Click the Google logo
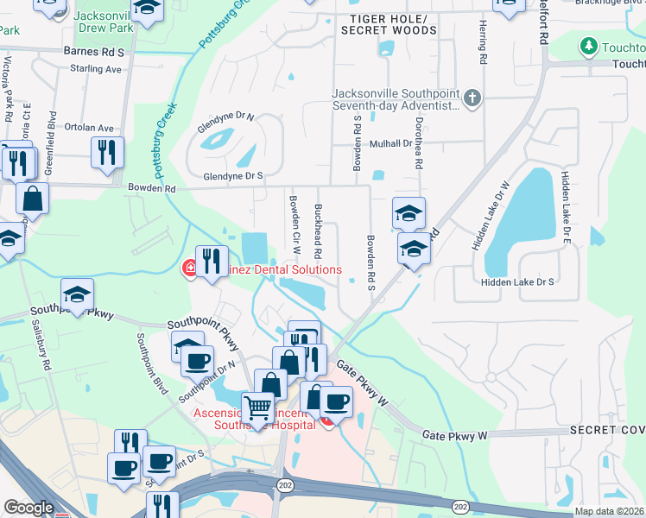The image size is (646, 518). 28,509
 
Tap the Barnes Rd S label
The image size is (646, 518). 94,52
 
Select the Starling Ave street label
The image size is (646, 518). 96,68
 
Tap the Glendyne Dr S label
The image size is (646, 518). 232,176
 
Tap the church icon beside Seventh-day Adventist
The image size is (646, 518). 472,98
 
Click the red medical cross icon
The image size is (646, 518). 188,268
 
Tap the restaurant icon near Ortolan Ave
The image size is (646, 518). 107,152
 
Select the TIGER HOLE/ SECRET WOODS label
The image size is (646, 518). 389,24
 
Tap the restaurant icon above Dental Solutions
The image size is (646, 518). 212,259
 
